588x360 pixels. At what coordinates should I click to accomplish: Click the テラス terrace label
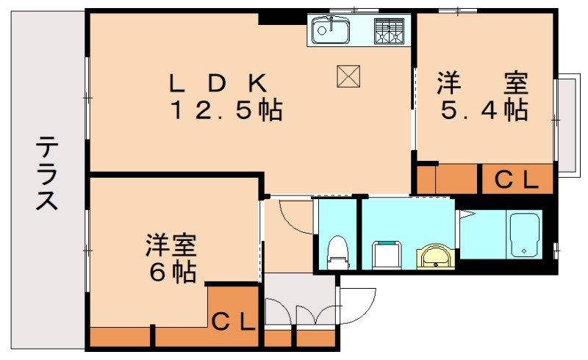click(46, 173)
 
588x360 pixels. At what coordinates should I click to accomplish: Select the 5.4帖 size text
click(484, 110)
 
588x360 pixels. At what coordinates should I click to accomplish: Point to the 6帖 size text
click(173, 272)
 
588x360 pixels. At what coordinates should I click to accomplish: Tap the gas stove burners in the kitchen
click(390, 31)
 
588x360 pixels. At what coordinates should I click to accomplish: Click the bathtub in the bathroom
click(525, 234)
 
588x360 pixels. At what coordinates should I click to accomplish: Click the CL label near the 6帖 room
click(234, 320)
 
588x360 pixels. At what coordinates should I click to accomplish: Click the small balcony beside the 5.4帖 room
click(566, 123)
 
